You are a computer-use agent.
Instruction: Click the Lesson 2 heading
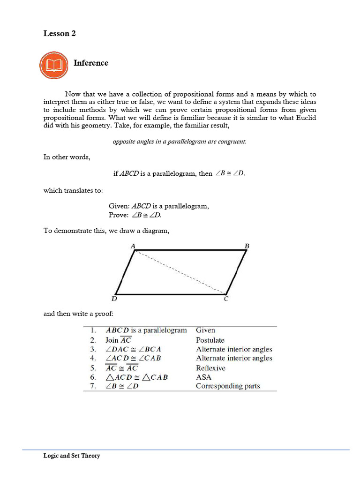60,33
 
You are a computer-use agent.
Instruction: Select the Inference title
91,63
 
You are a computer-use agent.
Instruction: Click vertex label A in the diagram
133,246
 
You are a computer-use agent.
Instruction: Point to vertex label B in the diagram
247,246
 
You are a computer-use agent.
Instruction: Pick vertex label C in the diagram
226,299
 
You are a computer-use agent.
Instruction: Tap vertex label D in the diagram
114,299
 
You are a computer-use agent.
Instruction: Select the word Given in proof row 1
205,330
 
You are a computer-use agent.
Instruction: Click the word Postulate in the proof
210,340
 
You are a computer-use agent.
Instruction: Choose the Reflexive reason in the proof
210,368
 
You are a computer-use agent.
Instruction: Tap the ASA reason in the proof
203,377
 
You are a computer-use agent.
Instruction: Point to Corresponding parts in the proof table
228,386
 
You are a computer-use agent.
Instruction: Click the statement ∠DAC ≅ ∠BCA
134,349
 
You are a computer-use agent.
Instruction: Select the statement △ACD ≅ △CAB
136,377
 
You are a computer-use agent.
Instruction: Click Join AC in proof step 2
118,340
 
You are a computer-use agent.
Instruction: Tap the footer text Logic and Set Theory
72,456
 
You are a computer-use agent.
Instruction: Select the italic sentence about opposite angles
180,142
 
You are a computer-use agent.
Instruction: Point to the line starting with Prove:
135,215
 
